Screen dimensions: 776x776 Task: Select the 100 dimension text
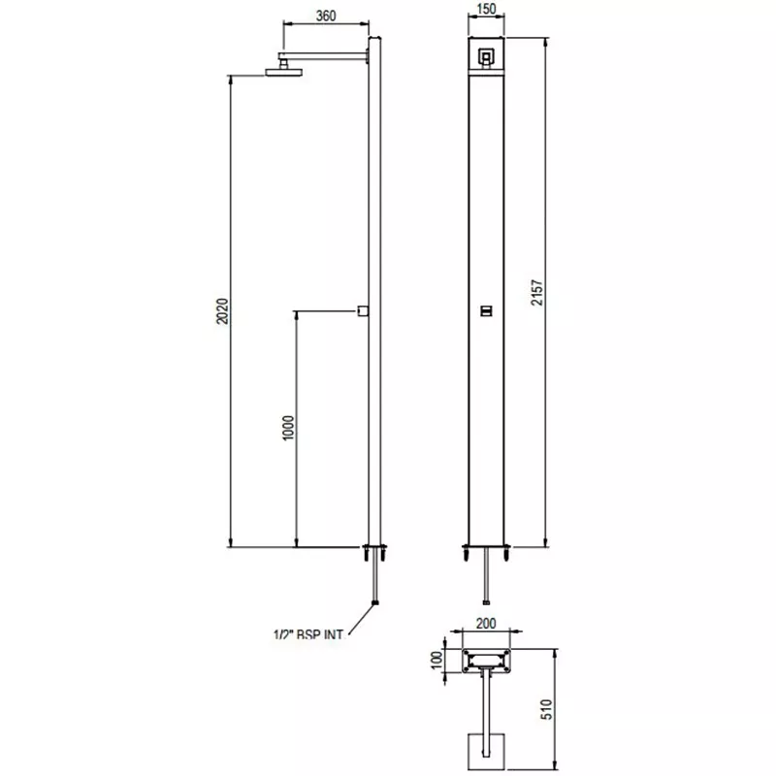click(436, 660)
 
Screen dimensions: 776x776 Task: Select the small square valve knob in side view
click(361, 310)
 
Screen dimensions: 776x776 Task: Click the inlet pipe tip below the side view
click(374, 604)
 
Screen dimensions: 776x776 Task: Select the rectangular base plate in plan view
click(487, 661)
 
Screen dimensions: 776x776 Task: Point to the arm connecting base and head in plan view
click(486, 703)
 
